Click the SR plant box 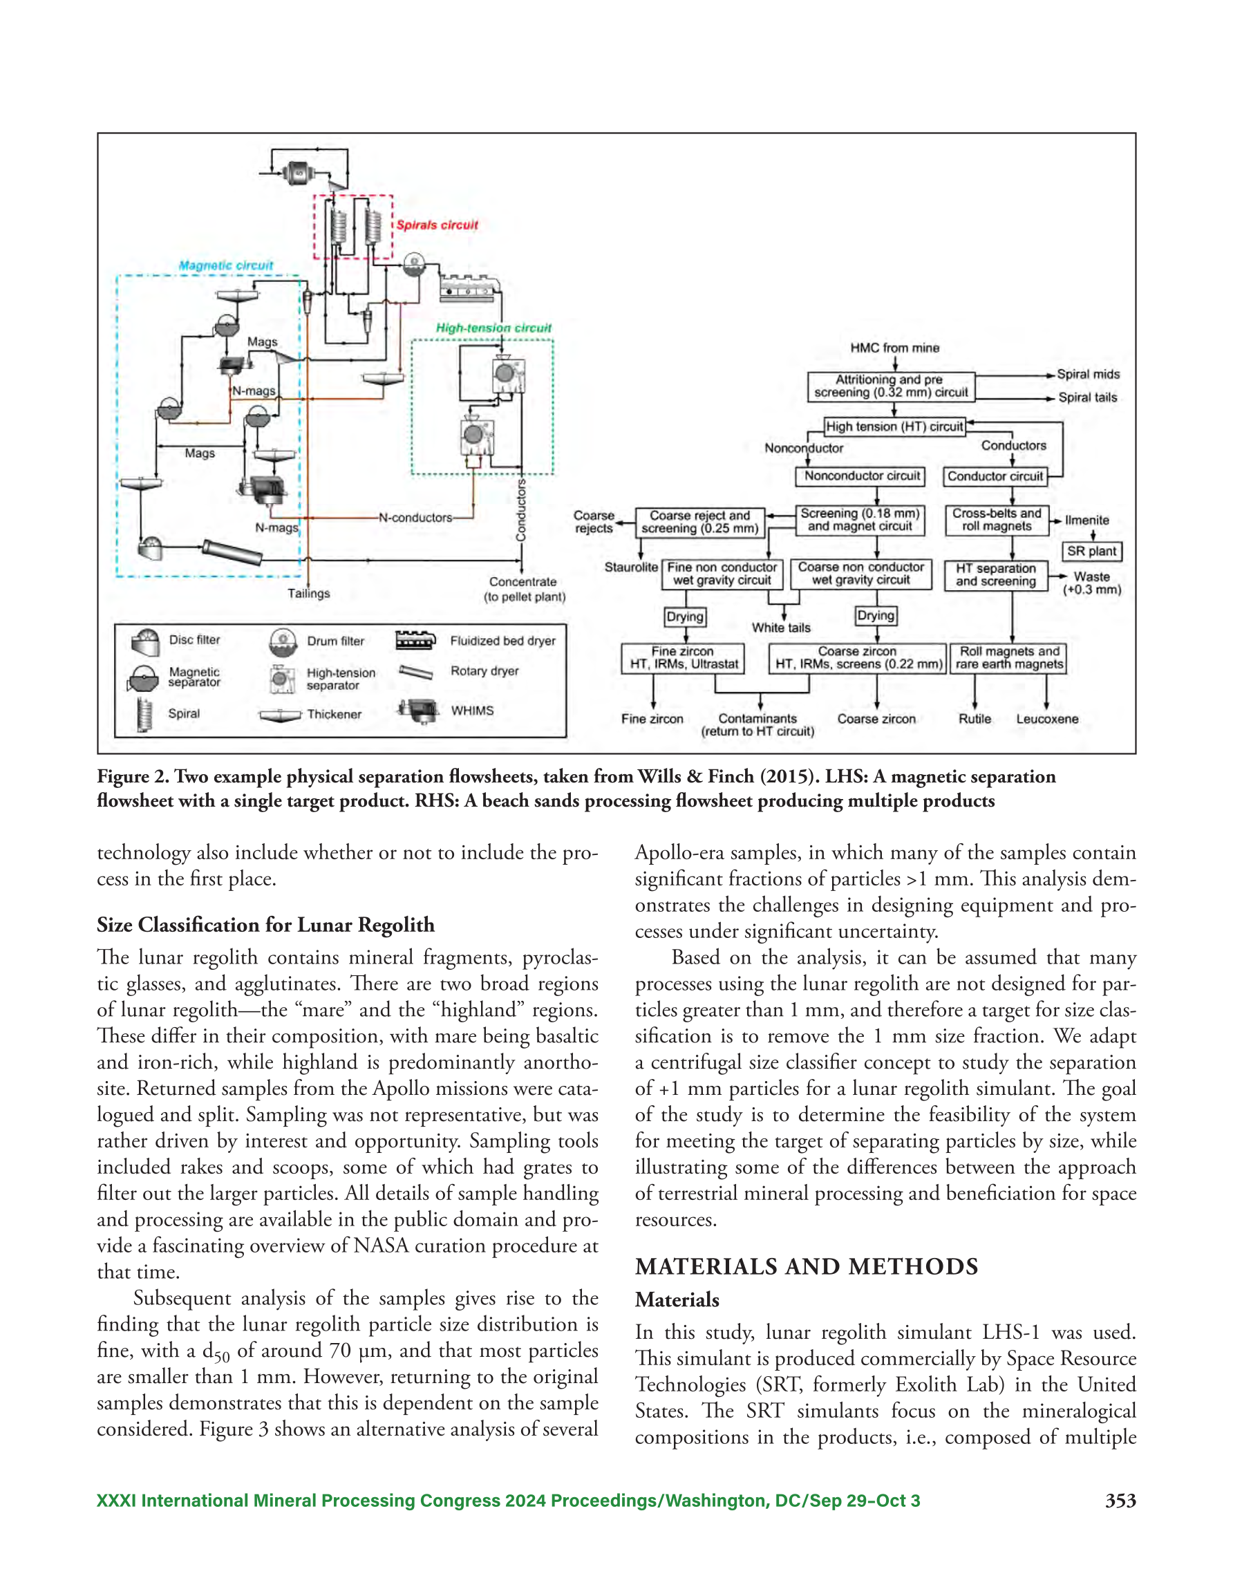click(1091, 551)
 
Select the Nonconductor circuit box click(860, 476)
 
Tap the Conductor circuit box click(995, 476)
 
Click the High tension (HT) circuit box click(894, 426)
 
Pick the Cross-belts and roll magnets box click(996, 520)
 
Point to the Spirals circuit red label click(437, 225)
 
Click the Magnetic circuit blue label click(226, 265)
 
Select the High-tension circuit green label click(493, 328)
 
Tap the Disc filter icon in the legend click(144, 641)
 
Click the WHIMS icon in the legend click(417, 711)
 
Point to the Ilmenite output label click(1087, 520)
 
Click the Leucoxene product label click(1046, 719)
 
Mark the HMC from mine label click(894, 348)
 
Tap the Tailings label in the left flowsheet click(308, 593)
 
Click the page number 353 click(1120, 1501)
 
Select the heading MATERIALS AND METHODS click(806, 1266)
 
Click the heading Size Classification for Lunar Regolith click(265, 925)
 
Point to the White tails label click(780, 628)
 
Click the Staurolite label click(631, 567)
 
